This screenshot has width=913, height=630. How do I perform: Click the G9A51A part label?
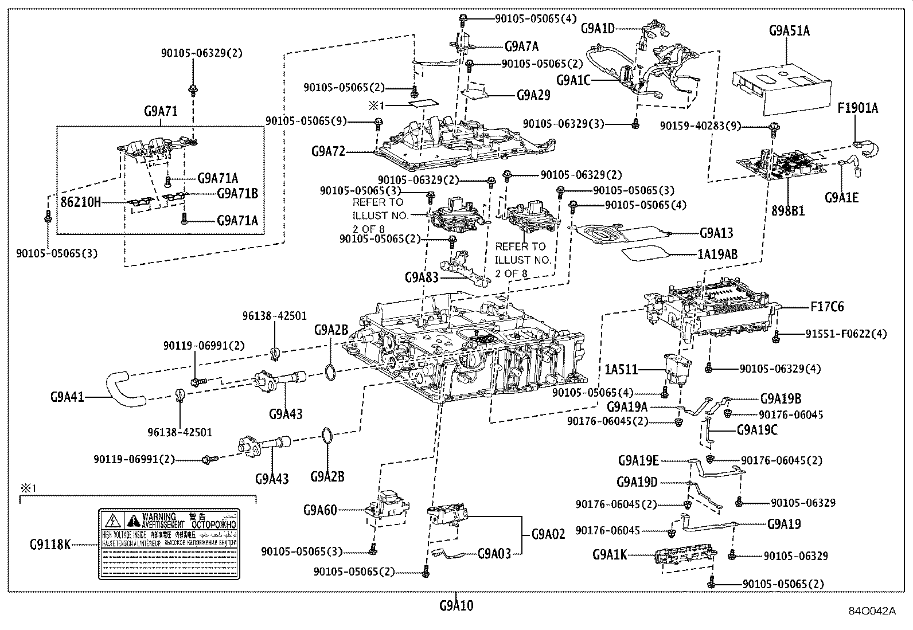pyautogui.click(x=790, y=30)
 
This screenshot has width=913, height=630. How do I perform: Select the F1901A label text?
pyautogui.click(x=857, y=108)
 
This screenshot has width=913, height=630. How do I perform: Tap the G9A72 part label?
pyautogui.click(x=329, y=151)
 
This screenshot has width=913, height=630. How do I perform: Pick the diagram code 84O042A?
pyautogui.click(x=872, y=611)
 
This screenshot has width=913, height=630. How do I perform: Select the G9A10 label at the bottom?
pyautogui.click(x=456, y=605)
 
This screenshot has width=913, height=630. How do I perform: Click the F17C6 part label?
pyautogui.click(x=827, y=307)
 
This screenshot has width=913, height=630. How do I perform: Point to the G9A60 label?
pyautogui.click(x=320, y=510)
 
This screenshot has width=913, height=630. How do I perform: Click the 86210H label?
pyautogui.click(x=81, y=202)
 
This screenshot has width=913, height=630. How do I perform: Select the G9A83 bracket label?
pyautogui.click(x=422, y=277)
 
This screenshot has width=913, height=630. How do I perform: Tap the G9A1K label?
pyautogui.click(x=610, y=555)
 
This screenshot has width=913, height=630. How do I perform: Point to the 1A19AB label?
pyautogui.click(x=719, y=253)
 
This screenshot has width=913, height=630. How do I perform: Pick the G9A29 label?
pyautogui.click(x=533, y=95)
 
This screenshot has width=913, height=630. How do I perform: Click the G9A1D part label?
pyautogui.click(x=598, y=28)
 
